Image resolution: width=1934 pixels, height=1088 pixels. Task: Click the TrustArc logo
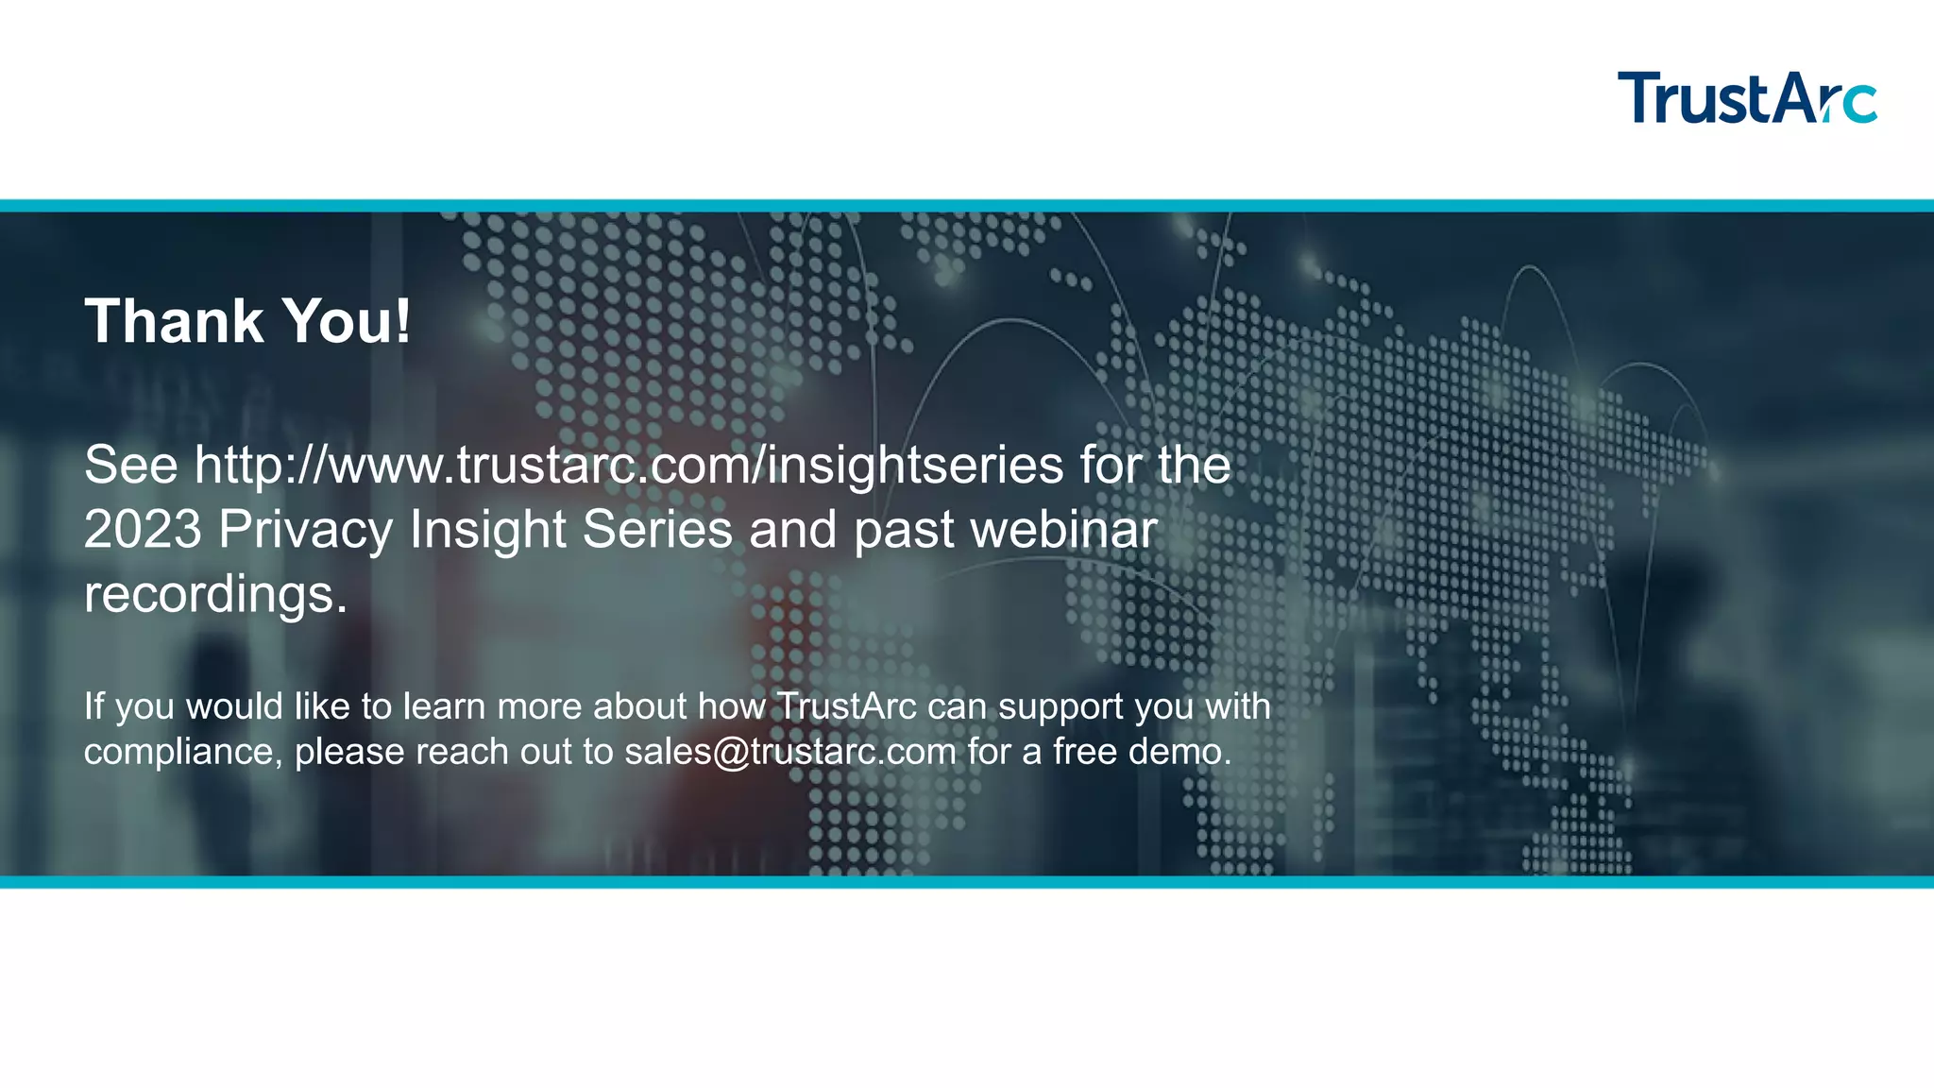coord(1746,97)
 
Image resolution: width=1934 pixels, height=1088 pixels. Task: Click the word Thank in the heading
coord(174,321)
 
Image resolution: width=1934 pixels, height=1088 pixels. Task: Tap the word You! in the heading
coord(347,321)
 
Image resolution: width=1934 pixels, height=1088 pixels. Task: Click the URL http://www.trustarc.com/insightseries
coord(628,466)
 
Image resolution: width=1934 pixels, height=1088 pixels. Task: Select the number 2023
coord(143,530)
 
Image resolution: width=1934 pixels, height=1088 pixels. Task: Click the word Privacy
coord(305,530)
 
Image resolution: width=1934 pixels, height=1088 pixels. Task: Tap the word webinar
coord(1064,530)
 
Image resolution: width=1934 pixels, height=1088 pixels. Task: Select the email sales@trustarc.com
coord(790,752)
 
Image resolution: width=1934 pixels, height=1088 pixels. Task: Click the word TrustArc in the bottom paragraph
coord(846,706)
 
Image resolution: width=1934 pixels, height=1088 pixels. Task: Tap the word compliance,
coord(183,753)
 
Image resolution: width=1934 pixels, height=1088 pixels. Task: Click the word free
coord(1085,752)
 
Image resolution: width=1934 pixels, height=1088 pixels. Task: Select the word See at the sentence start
coord(130,466)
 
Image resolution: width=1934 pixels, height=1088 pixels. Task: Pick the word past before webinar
coord(904,530)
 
